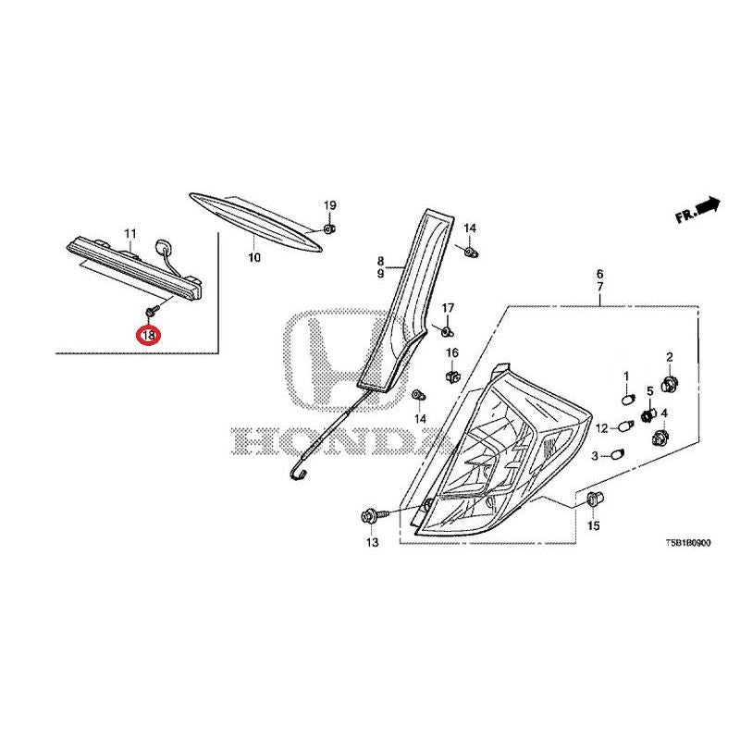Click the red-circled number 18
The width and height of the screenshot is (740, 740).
click(x=148, y=335)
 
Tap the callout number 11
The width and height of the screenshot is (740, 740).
click(x=130, y=233)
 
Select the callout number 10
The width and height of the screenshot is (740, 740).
click(x=253, y=258)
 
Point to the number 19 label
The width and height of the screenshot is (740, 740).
click(x=330, y=205)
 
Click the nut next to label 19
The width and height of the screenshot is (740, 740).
click(x=329, y=228)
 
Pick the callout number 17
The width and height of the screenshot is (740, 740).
click(x=448, y=308)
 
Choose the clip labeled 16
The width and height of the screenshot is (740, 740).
click(x=452, y=376)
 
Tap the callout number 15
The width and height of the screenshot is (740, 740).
click(x=593, y=525)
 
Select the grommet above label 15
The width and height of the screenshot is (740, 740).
click(x=593, y=499)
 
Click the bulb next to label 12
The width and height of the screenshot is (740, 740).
click(x=625, y=427)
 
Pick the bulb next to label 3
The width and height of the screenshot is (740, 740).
click(x=617, y=456)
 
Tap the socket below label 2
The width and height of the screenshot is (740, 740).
click(x=668, y=384)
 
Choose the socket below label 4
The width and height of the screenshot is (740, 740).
click(x=660, y=438)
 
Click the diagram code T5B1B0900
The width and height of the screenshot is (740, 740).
click(x=687, y=543)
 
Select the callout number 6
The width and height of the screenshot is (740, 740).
click(x=599, y=274)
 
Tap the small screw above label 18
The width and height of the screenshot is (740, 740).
click(x=152, y=311)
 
